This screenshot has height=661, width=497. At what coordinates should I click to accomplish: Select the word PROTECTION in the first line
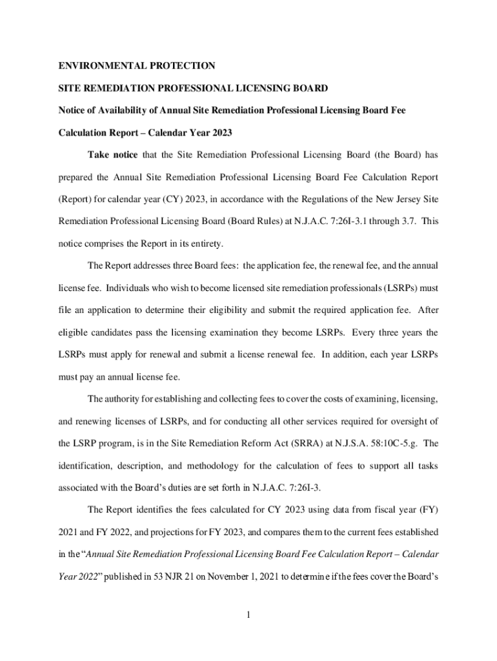click(183, 66)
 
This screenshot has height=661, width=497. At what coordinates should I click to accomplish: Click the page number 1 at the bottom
click(248, 614)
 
